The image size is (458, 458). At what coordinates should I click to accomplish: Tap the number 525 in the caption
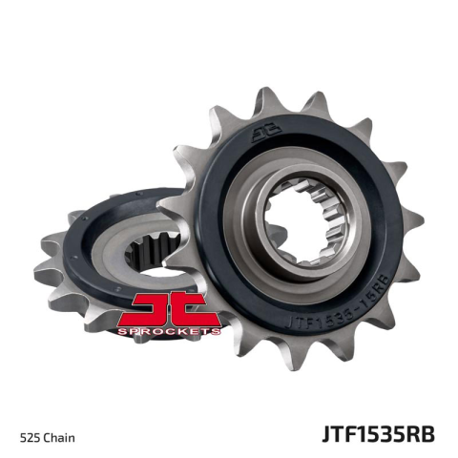coord(32,438)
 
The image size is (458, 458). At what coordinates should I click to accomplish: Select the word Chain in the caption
coord(62,438)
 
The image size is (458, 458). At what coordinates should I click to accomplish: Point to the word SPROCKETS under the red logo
coord(176,330)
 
